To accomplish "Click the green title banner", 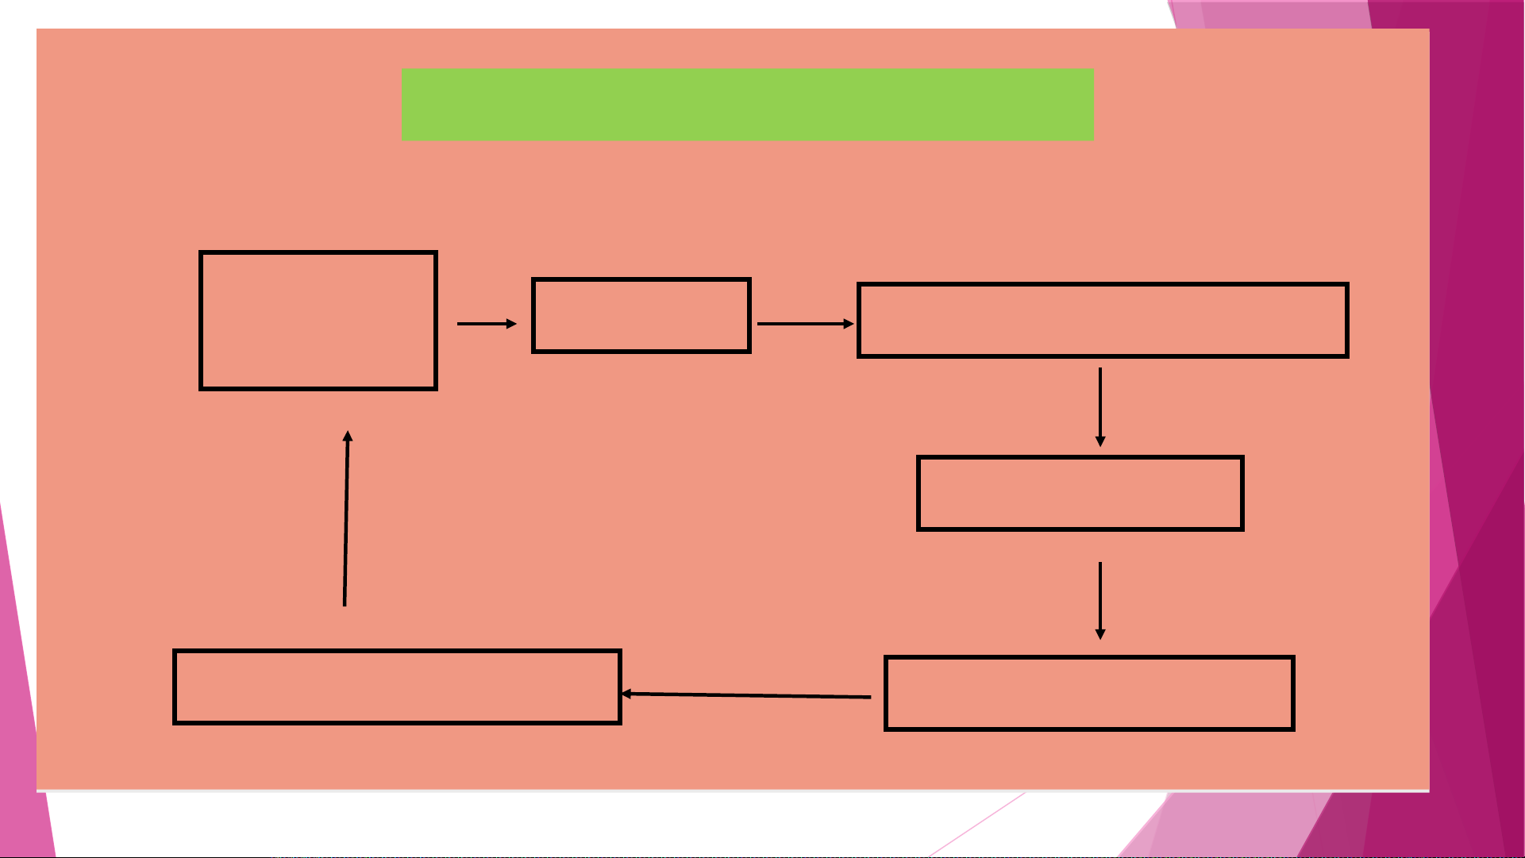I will [x=747, y=105].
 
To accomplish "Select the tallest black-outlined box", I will [x=318, y=321].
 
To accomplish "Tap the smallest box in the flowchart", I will [x=641, y=316].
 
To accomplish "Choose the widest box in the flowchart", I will [x=1103, y=321].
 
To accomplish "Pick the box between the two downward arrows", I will [x=1080, y=493].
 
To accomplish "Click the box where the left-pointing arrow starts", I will [x=1089, y=693].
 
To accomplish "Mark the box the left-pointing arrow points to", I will [x=397, y=687].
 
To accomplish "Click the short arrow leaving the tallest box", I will [x=486, y=324].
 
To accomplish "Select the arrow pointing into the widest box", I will [x=804, y=324].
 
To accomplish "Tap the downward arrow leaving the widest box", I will [x=1100, y=405].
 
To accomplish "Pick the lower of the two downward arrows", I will [x=1100, y=599].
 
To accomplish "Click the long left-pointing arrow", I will [x=746, y=695].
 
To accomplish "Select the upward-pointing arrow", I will [x=346, y=519].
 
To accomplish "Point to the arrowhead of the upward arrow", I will [x=348, y=436].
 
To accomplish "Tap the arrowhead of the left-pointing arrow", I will [x=626, y=694].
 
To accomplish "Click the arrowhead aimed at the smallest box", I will [x=512, y=324].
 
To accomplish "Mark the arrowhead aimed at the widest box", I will [x=849, y=324].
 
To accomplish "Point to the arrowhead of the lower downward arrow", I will [x=1100, y=634].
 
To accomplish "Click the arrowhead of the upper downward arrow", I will [x=1100, y=441].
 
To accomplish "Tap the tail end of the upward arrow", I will [x=345, y=604].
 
